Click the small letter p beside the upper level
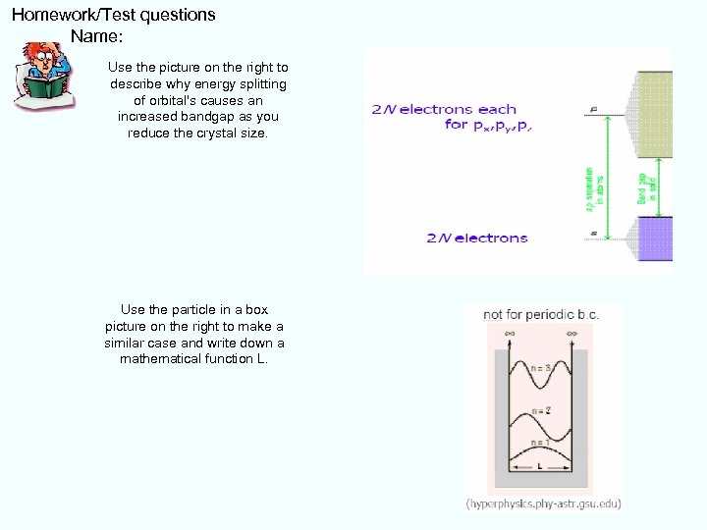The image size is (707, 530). click(593, 109)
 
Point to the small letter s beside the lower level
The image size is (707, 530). click(593, 234)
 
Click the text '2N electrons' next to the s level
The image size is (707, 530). click(477, 238)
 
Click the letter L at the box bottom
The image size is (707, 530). click(541, 467)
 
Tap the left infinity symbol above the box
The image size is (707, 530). click(511, 335)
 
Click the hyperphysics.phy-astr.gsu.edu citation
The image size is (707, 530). click(543, 503)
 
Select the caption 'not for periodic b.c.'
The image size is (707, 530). click(541, 315)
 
